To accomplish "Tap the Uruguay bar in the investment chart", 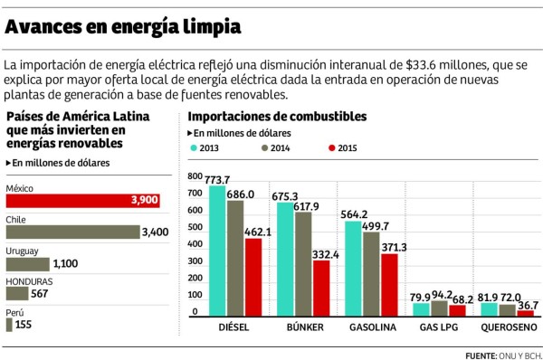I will (x=27, y=264).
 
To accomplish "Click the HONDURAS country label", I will (x=29, y=281).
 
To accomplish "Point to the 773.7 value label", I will (x=217, y=179).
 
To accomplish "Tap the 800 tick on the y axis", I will (x=195, y=177).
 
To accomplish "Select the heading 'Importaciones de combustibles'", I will (x=276, y=117).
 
